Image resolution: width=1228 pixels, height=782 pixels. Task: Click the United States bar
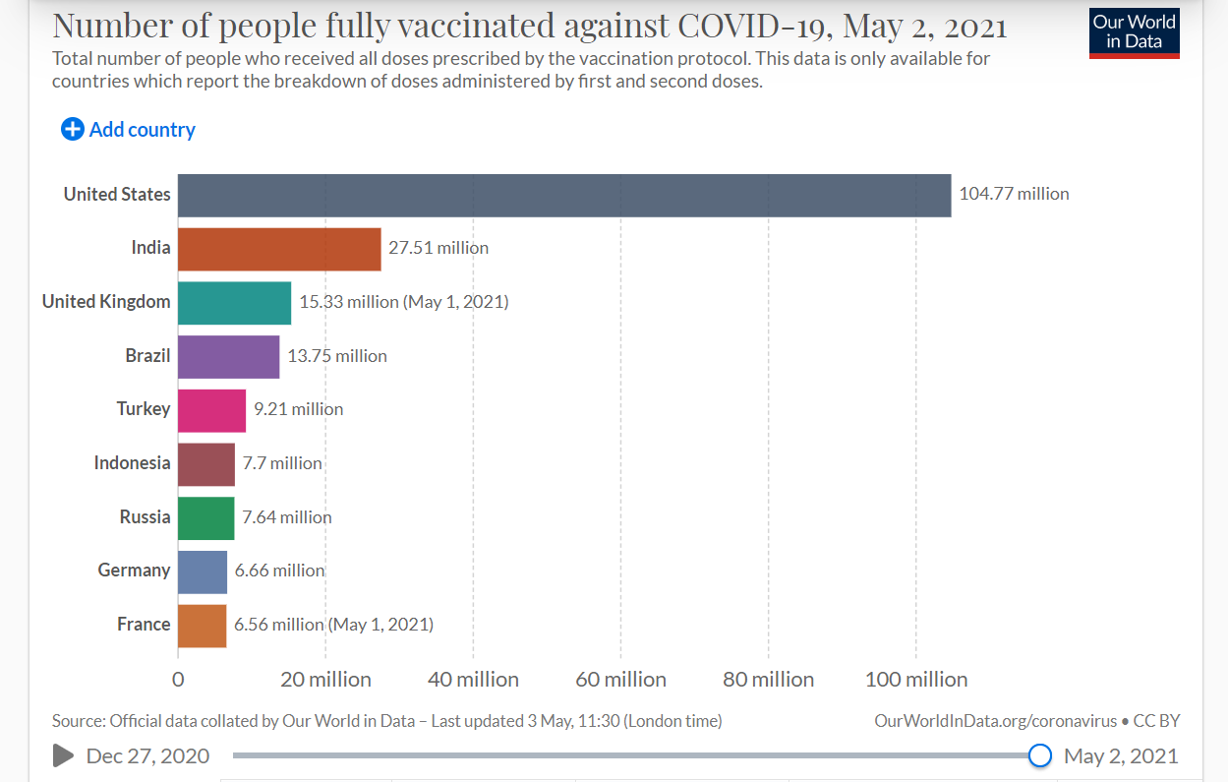coord(564,195)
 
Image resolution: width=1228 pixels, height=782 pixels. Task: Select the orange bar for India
coord(279,249)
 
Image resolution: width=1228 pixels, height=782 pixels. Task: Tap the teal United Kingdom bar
coord(234,302)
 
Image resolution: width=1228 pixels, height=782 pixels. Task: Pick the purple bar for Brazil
coord(228,356)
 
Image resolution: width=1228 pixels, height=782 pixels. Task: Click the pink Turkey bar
coord(211,409)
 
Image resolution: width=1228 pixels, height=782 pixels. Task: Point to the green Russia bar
coord(205,517)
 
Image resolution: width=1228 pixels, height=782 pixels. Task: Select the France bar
coord(202,625)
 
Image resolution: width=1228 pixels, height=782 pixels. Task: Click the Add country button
coord(129,130)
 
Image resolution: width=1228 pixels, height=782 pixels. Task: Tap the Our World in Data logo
coord(1134,33)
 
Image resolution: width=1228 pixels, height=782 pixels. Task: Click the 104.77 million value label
coord(1014,195)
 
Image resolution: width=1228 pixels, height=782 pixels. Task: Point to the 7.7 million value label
coord(282,463)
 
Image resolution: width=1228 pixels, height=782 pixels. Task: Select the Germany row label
coord(134,571)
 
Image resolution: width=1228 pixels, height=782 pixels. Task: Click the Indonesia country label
coord(132,463)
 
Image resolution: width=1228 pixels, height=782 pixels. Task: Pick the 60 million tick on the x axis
coord(620,680)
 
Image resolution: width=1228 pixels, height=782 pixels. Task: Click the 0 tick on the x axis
coord(178,680)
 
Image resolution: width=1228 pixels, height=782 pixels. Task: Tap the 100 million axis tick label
coord(915,680)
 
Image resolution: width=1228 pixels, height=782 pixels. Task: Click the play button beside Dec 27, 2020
coord(63,755)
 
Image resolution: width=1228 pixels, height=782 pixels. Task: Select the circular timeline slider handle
coord(1039,755)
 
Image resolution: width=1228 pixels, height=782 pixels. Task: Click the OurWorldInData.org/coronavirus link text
coord(995,721)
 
